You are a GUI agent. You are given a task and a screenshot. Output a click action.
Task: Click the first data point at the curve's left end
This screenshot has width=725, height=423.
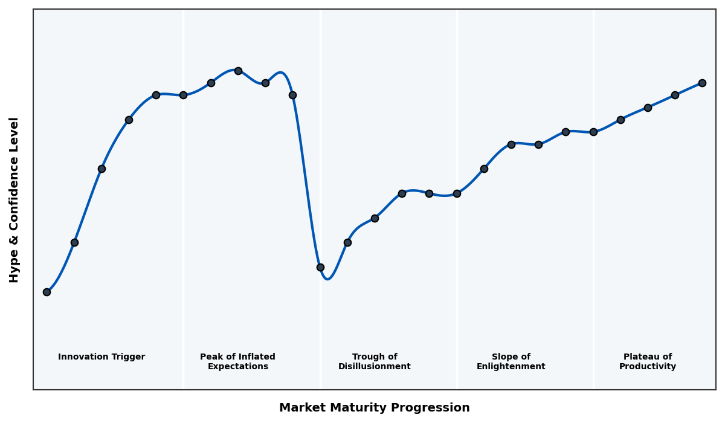(47, 292)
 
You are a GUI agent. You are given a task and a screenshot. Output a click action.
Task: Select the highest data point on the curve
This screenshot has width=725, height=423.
(238, 71)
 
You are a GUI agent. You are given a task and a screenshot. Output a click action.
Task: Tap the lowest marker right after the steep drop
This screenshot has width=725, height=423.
(320, 267)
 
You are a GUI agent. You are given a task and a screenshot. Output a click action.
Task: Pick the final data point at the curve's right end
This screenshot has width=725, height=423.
(702, 83)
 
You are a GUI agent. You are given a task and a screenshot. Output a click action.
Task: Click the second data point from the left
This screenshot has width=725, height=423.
(74, 242)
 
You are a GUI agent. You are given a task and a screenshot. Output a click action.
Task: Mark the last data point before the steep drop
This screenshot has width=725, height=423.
(292, 95)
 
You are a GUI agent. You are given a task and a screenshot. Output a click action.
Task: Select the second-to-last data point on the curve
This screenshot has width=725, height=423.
(675, 95)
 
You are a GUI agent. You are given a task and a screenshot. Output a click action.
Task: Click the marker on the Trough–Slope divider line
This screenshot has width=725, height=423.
(457, 193)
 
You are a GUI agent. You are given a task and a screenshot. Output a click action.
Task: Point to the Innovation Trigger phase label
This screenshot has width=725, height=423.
(101, 357)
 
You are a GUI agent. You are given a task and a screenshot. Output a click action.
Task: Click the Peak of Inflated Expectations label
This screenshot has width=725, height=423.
(237, 361)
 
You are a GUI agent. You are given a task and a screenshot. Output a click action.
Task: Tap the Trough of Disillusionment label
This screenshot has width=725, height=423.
(375, 361)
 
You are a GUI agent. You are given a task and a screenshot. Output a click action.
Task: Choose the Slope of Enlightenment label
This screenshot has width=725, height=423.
(511, 361)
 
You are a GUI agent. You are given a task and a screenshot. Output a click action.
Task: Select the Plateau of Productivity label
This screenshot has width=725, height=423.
(648, 361)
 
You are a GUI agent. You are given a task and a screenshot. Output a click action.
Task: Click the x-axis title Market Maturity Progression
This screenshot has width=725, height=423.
(375, 408)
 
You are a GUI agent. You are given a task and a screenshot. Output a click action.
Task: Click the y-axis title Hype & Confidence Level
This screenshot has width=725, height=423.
(14, 199)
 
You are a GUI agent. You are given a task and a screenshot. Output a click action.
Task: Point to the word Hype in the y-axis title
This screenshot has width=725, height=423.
(14, 268)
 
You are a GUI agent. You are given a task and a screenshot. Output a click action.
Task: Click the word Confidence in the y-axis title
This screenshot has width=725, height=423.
(14, 199)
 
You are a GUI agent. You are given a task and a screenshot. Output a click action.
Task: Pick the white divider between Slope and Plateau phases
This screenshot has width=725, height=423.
(593, 242)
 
